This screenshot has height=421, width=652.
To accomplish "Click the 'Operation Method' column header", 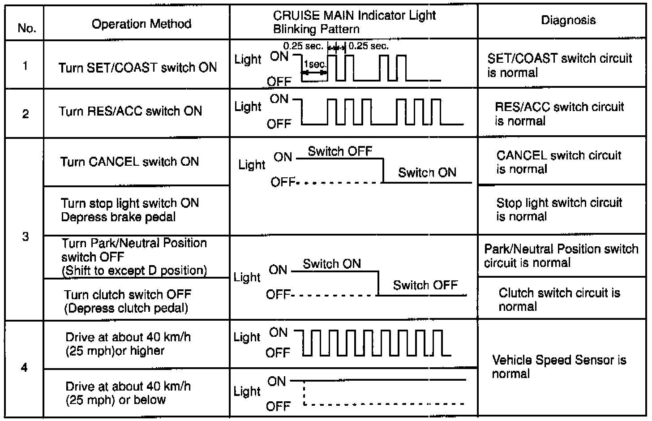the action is coord(141,24).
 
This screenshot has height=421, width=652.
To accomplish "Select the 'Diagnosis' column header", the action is coord(568,20).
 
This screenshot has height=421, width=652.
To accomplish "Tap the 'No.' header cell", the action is coord(26,29).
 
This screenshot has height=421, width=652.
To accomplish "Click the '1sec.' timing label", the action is coord(315,64).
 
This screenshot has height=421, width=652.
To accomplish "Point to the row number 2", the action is coord(26,114).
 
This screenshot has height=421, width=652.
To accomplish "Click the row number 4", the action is coord(24,368).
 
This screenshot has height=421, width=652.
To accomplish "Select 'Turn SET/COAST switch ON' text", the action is coord(137,68).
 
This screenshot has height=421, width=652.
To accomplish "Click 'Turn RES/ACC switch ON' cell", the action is coord(130,111).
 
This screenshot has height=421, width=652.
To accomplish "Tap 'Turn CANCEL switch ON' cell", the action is coord(129,162).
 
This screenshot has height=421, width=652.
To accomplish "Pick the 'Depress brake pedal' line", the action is coord(118,217).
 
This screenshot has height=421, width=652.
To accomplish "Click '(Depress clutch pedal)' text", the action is coord(126,308).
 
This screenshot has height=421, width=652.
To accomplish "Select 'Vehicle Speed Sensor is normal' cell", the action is coord(559,367).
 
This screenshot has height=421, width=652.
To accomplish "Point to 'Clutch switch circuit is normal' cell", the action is coord(559,300).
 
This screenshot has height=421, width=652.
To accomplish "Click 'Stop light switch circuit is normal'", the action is coord(559,210).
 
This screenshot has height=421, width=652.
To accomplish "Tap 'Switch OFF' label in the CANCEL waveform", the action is coord(340,151).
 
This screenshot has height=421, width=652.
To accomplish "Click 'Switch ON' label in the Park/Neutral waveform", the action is coord(332,264).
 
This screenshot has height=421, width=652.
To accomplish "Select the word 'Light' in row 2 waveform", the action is coord(248,107).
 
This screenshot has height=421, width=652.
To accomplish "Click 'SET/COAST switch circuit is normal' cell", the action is coord(559,65).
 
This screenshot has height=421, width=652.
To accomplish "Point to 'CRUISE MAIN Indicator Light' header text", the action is coord(354,16).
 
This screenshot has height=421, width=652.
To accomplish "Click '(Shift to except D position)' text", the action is coord(134,271).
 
